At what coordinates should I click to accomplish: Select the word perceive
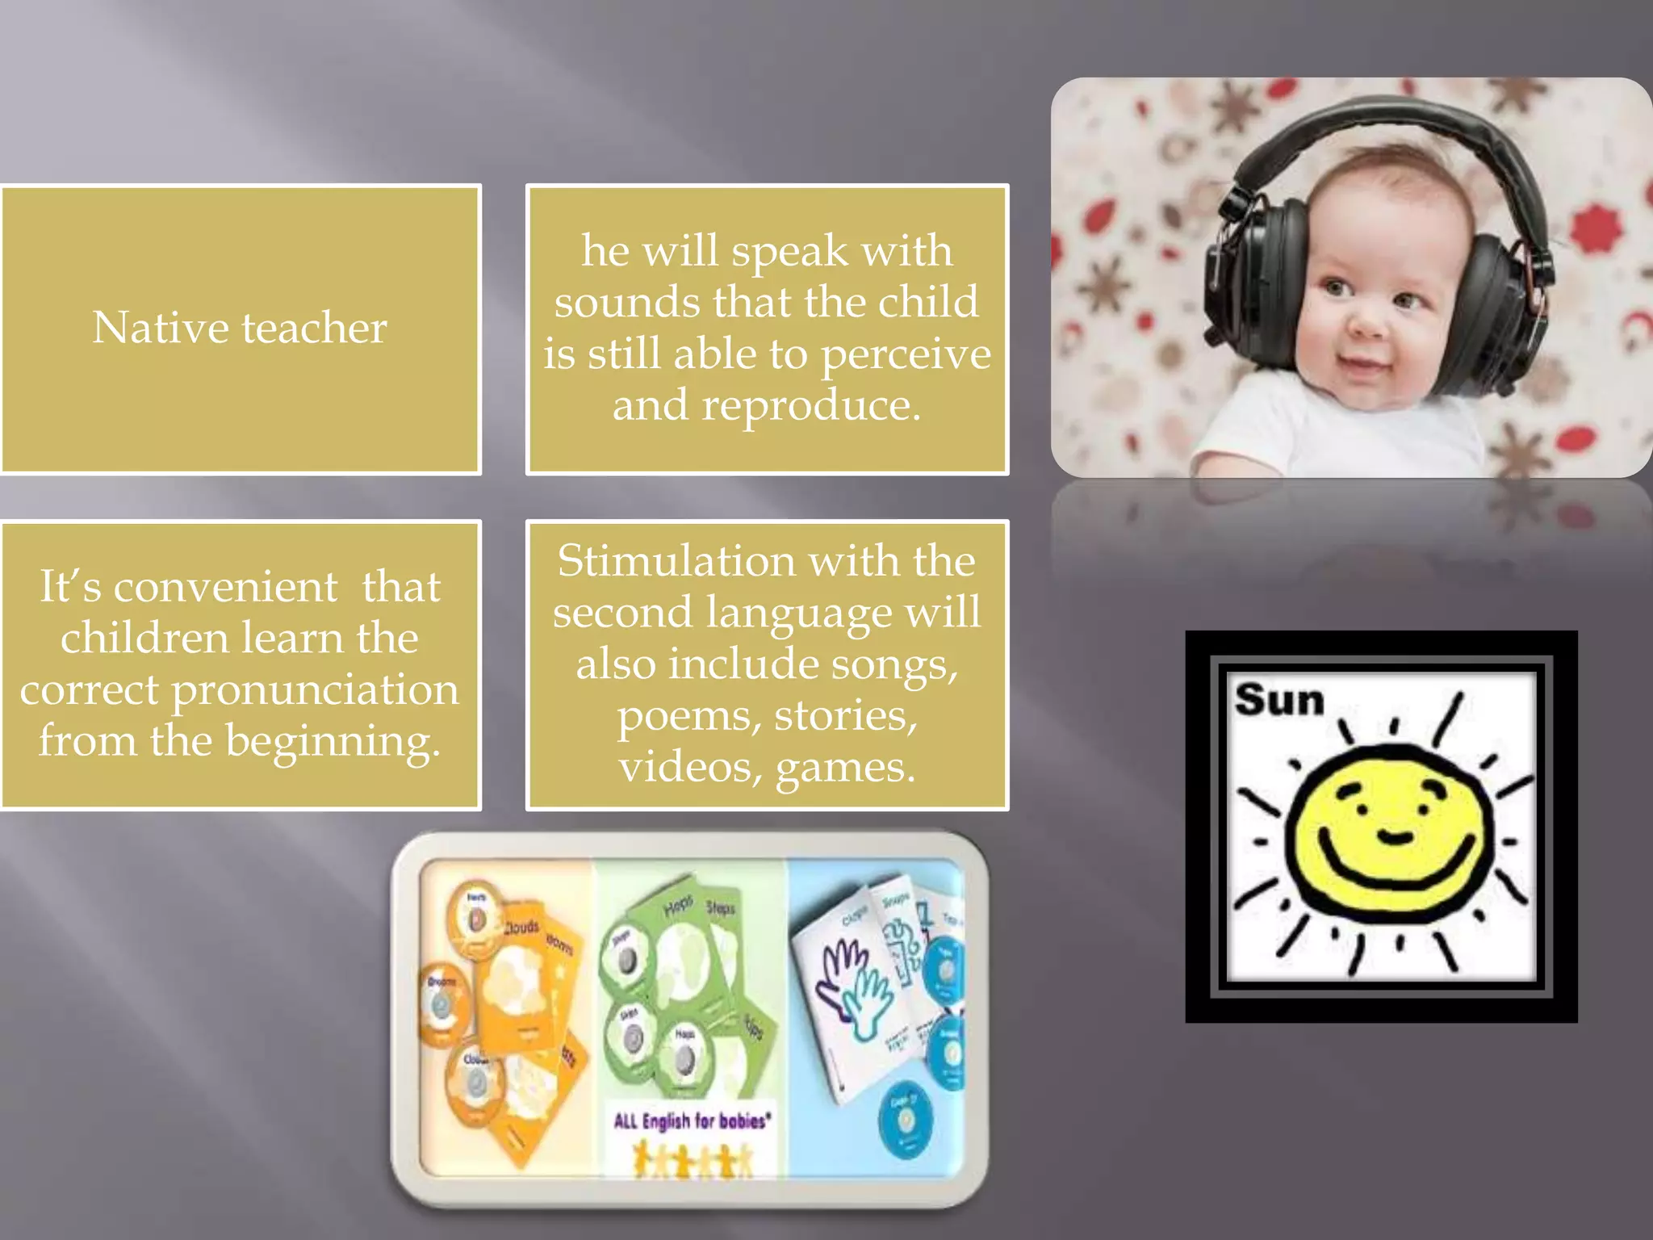pyautogui.click(x=906, y=355)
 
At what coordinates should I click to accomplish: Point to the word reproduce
pyautogui.click(x=810, y=405)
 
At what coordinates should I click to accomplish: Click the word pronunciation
pyautogui.click(x=315, y=691)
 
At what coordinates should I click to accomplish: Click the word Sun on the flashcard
pyautogui.click(x=1279, y=699)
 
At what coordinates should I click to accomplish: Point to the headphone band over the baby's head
pyautogui.click(x=1388, y=121)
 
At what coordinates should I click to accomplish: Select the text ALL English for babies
pyautogui.click(x=692, y=1121)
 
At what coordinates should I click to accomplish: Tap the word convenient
pyautogui.click(x=225, y=587)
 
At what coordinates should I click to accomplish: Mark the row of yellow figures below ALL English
pyautogui.click(x=693, y=1160)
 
